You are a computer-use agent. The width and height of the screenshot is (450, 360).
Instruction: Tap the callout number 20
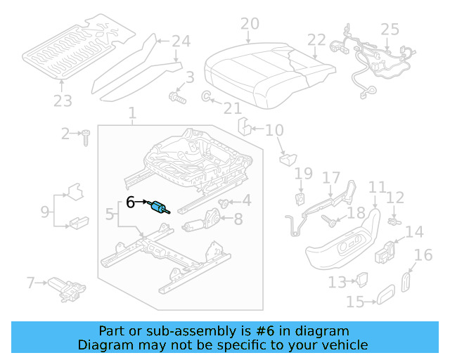[250, 25]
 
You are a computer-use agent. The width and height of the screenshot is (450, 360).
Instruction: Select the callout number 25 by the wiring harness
[390, 30]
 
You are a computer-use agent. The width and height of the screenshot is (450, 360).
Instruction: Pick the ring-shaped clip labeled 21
[207, 96]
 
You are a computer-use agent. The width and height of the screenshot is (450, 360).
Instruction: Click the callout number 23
[63, 102]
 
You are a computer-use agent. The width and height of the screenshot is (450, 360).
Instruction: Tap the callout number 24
[181, 41]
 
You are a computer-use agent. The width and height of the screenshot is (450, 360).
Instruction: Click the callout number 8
[238, 219]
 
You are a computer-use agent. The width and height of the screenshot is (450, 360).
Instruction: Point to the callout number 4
[247, 200]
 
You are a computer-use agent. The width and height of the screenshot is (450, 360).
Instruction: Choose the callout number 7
[30, 283]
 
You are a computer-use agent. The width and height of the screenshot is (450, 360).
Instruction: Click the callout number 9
[45, 210]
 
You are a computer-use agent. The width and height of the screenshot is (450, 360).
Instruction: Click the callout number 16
[423, 255]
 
